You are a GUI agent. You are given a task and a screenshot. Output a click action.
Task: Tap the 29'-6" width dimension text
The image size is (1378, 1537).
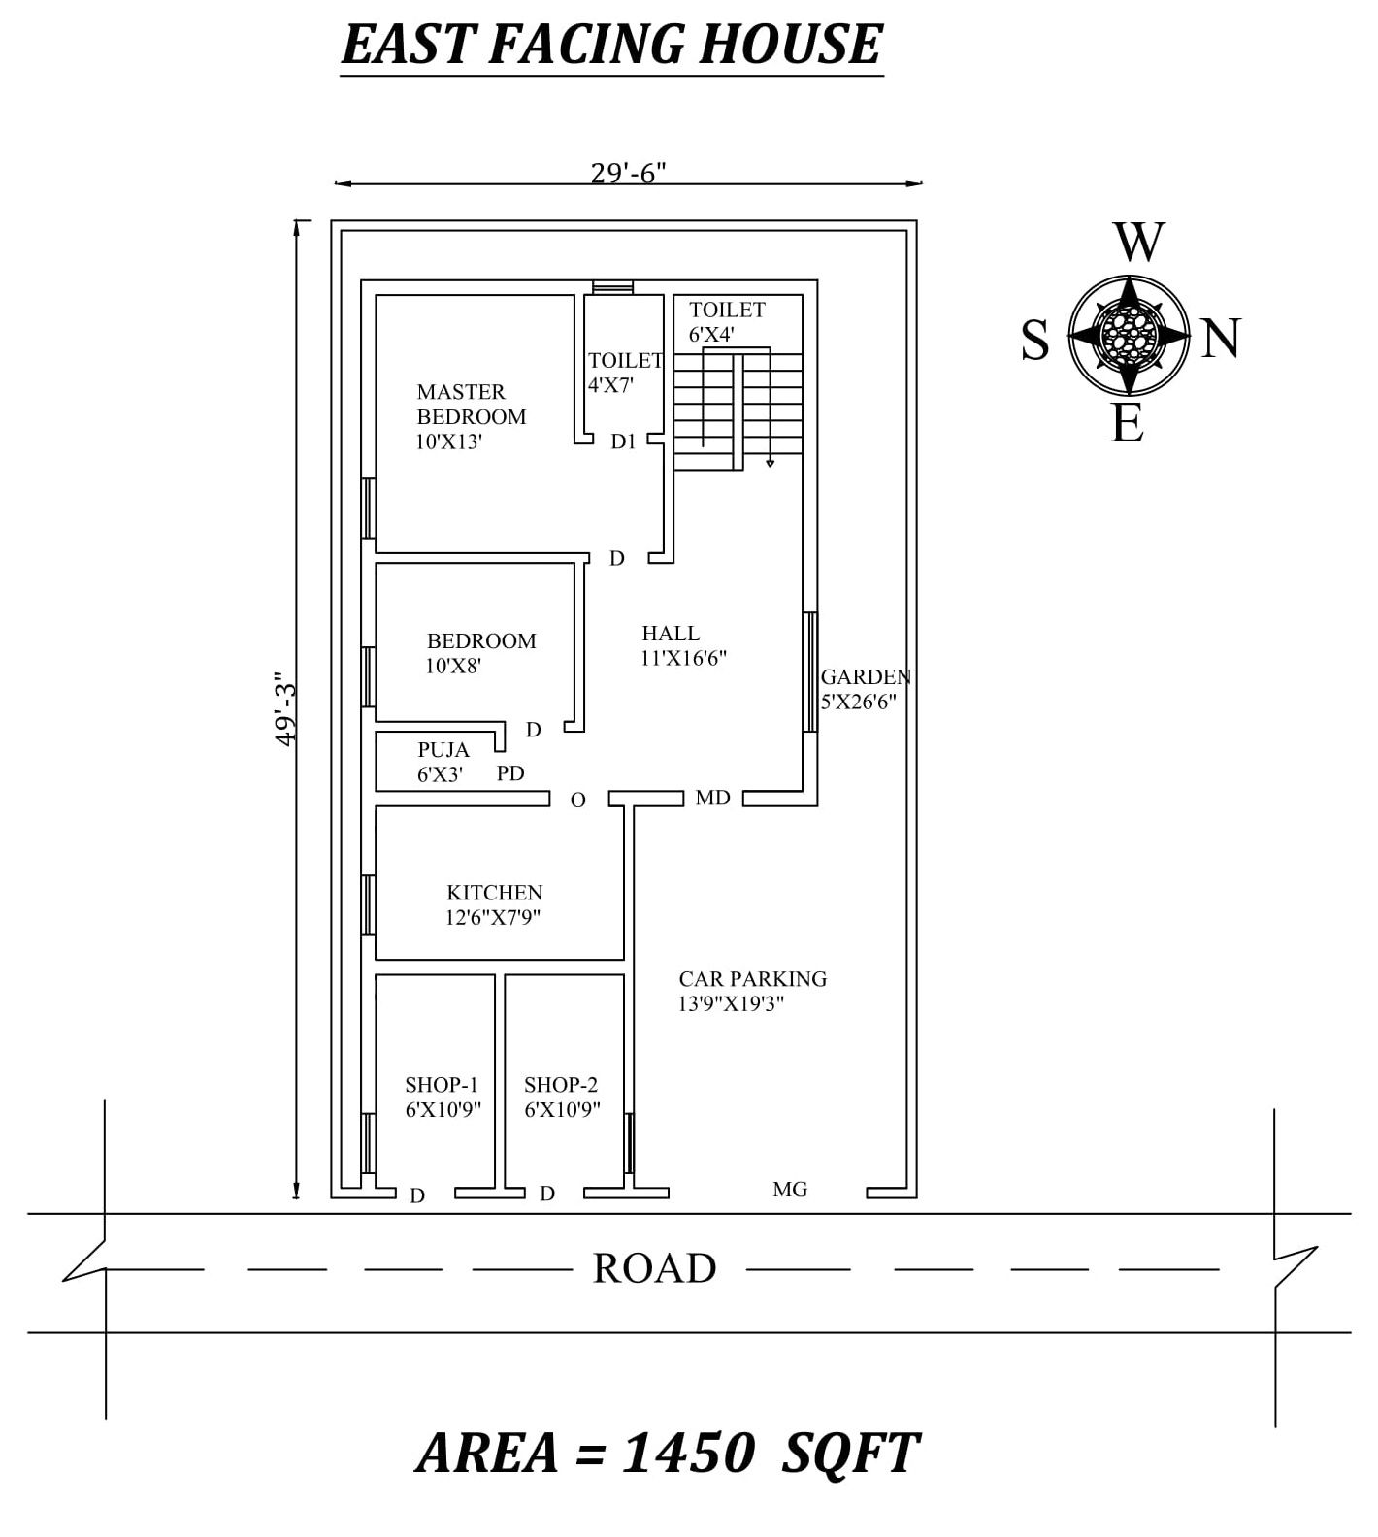[x=628, y=173]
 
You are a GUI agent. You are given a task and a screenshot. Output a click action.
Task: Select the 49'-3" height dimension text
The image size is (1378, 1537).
[x=284, y=709]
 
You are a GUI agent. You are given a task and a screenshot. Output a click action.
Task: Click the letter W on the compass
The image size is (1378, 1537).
[x=1138, y=243]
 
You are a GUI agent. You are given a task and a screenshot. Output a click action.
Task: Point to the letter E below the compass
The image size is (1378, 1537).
[x=1127, y=424]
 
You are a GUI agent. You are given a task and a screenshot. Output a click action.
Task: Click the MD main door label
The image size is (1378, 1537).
[x=712, y=798]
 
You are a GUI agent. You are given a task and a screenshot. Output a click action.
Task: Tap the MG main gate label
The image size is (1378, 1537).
[x=790, y=1189]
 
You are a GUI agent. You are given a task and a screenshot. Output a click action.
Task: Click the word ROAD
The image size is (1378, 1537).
[x=654, y=1268]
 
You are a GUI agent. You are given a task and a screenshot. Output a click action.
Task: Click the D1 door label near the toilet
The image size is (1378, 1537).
[x=623, y=441]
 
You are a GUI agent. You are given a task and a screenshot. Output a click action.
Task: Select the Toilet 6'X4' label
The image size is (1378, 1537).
[x=726, y=321]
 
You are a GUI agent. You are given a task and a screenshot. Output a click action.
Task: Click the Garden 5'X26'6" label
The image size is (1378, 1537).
[x=864, y=688]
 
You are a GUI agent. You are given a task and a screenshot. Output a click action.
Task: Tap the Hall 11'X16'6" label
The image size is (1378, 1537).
[x=682, y=645]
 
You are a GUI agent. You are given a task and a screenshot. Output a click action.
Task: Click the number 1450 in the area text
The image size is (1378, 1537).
[x=687, y=1454]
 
